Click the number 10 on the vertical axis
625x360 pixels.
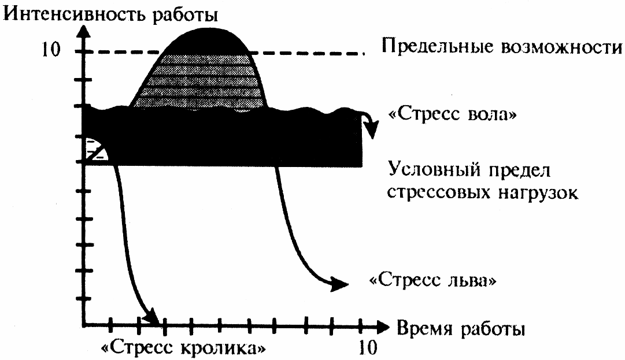(50, 50)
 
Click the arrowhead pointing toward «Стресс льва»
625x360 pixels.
(341, 284)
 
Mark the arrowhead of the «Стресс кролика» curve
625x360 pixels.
(153, 318)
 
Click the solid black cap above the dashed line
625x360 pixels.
(205, 40)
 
